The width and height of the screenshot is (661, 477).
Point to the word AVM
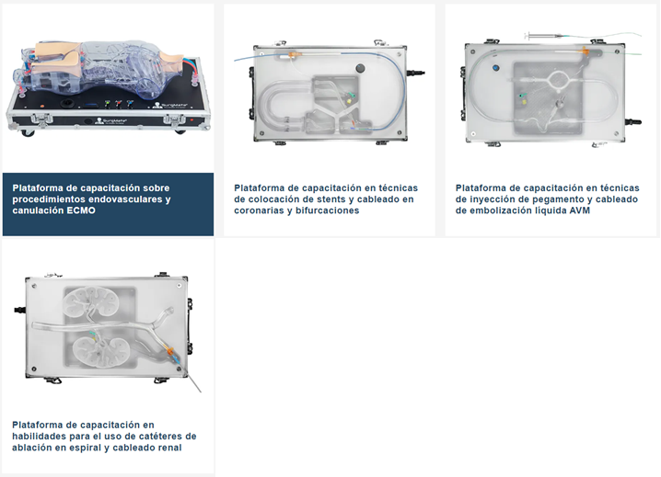coord(579,210)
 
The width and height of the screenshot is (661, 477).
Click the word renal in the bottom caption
coord(168,447)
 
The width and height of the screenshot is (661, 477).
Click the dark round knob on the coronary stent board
coord(360,68)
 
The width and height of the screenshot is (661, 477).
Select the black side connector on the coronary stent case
coord(415,73)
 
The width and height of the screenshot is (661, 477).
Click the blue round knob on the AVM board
coord(495,67)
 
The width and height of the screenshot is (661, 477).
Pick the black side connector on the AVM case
coord(632,122)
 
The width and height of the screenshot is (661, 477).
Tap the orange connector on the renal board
coord(169,351)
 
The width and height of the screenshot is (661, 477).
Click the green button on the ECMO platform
coord(108,102)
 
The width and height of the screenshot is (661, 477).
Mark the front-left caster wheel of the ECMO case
coord(28,132)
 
